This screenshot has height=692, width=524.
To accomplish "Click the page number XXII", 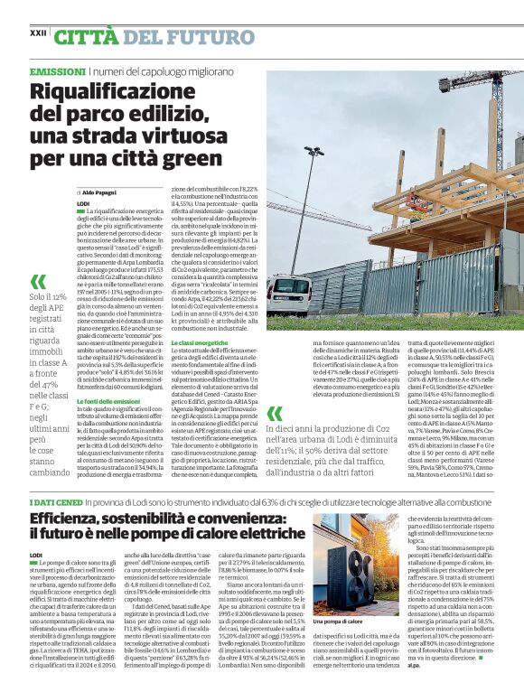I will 38,32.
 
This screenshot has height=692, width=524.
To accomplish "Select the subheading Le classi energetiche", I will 199,343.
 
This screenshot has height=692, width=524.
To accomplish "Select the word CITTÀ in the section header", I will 88,37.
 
